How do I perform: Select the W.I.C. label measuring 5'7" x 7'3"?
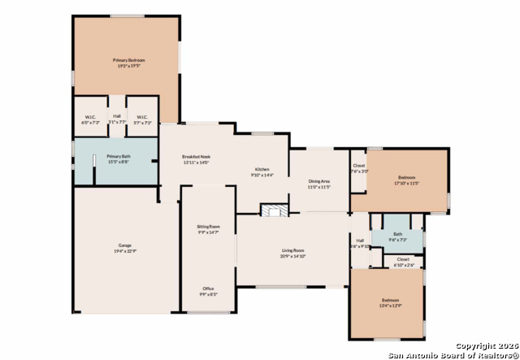[141, 118]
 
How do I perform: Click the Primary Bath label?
[118, 156]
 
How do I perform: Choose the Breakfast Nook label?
[196, 156]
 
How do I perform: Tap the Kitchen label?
[262, 170]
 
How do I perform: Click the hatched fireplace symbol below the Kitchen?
[274, 210]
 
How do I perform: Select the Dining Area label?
[319, 182]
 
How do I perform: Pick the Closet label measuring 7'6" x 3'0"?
[358, 167]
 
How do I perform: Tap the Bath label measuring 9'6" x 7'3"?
[397, 237]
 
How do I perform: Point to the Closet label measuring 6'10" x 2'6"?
[403, 261]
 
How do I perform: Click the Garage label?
[124, 246]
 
